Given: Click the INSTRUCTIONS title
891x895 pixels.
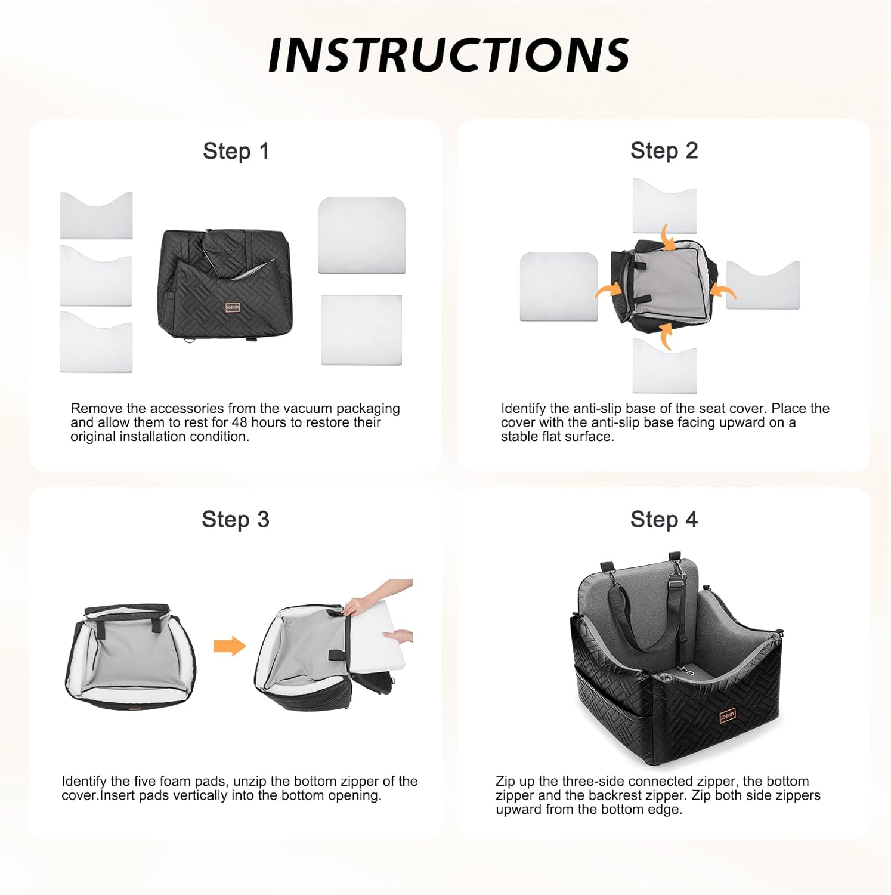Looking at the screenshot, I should [x=448, y=55].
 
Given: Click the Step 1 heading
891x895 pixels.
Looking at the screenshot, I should [x=236, y=151].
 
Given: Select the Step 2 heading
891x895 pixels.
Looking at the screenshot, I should [x=664, y=150].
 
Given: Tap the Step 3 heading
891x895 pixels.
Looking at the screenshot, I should [x=235, y=519].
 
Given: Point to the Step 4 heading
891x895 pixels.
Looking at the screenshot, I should [x=664, y=519].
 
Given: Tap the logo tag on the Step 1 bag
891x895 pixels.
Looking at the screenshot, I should [x=233, y=307].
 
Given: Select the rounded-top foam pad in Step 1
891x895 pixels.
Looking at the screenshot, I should [x=361, y=236].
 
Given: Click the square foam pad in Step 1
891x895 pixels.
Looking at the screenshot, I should [x=361, y=329].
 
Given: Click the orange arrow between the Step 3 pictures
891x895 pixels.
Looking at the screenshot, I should [x=230, y=646].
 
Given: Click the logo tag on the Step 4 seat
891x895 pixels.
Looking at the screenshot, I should [x=728, y=715].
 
